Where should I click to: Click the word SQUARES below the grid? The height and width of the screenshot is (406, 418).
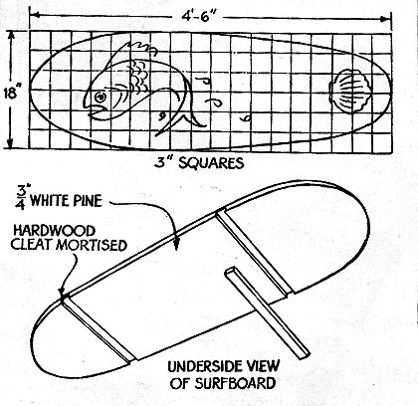(211, 163)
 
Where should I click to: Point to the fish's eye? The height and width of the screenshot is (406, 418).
(100, 97)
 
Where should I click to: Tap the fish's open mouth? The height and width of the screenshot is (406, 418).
(97, 111)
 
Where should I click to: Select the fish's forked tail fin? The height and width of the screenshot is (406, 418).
(181, 122)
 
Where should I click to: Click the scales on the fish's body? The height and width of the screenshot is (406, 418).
(138, 78)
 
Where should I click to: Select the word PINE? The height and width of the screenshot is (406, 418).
(88, 201)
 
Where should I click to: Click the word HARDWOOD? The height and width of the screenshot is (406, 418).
(54, 231)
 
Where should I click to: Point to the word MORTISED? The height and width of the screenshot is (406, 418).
(92, 245)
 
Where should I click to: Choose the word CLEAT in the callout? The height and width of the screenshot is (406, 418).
(32, 245)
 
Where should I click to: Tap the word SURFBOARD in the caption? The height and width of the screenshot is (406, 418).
(235, 384)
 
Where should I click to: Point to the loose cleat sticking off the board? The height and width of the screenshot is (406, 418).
(267, 313)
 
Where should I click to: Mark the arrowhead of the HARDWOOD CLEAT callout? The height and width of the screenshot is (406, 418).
(62, 292)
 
